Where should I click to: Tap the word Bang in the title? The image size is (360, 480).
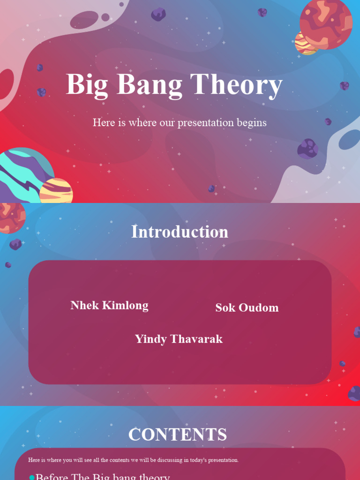click(149, 85)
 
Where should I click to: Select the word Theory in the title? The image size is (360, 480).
click(236, 85)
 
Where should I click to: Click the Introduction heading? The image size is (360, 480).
click(180, 232)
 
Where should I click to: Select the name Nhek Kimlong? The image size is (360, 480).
click(109, 306)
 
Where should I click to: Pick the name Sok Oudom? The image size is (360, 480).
click(247, 308)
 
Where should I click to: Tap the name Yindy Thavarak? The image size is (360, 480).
click(179, 339)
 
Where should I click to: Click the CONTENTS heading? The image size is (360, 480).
click(178, 435)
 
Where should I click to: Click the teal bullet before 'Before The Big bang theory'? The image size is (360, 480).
click(32, 478)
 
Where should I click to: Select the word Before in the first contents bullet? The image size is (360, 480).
click(51, 477)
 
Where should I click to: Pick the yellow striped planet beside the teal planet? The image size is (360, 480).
click(57, 191)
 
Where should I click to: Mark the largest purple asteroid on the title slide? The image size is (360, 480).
click(307, 149)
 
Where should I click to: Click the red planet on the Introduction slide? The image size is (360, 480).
click(10, 217)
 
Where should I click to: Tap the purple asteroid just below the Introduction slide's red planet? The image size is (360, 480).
click(15, 244)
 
